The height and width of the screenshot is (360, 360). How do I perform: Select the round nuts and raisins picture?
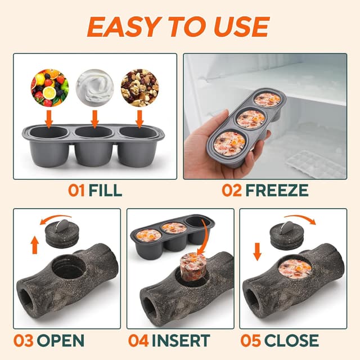[139, 88]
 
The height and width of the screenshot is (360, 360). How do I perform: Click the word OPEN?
[61, 340]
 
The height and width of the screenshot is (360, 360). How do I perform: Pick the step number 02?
[232, 190]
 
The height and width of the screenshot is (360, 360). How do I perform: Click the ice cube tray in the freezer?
[313, 163]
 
